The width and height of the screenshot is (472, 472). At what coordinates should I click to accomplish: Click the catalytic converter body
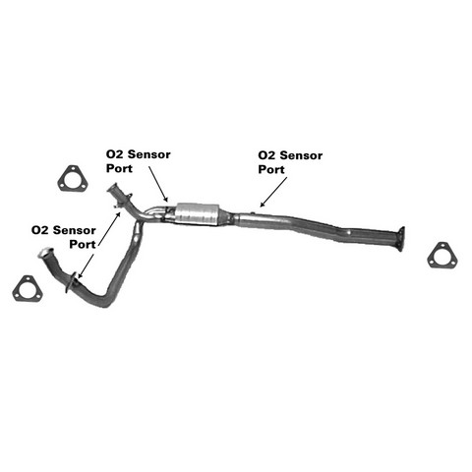pos(198,214)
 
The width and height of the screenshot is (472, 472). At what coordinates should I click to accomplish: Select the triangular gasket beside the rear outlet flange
pos(442,256)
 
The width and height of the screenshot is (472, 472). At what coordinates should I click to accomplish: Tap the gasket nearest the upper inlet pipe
pos(73,178)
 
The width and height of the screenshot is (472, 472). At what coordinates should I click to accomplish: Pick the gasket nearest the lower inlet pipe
pos(28,289)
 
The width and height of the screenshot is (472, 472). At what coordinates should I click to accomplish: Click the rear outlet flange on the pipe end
pos(400,239)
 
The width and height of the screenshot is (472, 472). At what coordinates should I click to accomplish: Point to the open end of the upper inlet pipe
pos(112,188)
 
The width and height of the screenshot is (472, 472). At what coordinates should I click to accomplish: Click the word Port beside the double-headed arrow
pos(83,244)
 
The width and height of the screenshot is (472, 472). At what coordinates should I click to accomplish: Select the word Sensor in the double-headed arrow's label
pos(75,230)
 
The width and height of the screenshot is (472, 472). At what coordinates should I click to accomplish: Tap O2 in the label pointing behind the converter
pos(266,155)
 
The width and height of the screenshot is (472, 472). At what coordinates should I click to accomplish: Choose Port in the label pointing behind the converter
pos(271,169)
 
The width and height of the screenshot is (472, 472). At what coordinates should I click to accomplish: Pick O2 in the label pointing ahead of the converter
pos(114,154)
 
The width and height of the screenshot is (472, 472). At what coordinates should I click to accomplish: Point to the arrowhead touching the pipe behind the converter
pos(263,205)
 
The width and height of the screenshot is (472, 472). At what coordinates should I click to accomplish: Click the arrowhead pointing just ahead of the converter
pos(166,199)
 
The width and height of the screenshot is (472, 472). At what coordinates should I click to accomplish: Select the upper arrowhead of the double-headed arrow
pos(118,214)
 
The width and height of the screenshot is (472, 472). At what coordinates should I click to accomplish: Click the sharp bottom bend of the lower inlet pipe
pos(105,302)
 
